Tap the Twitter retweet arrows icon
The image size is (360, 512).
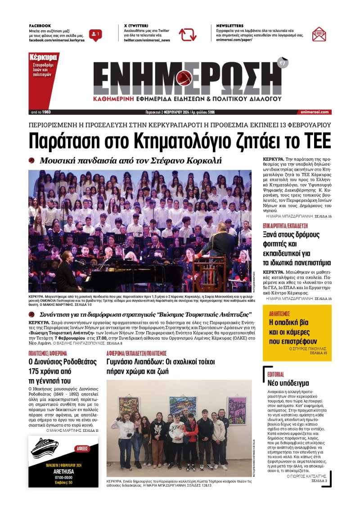point(187,35)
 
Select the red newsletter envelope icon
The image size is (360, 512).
point(319,34)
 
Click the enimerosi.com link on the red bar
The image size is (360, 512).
point(313,112)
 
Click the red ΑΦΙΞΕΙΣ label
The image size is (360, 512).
point(83,449)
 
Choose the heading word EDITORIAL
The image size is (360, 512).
point(275,374)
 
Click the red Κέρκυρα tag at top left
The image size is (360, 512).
point(43,58)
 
